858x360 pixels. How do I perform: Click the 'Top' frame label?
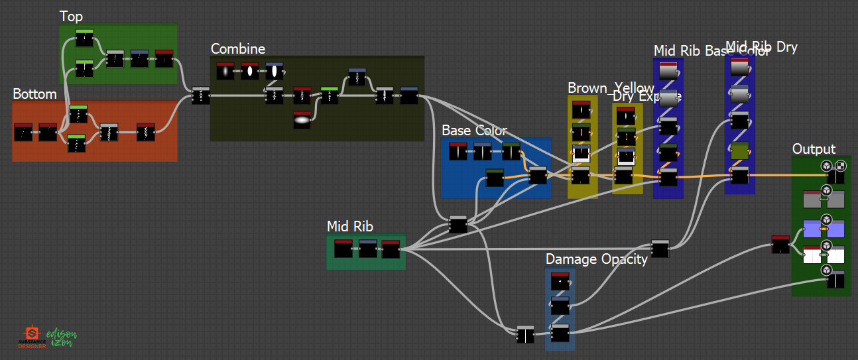[x=71, y=16]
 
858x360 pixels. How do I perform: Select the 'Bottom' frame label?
[x=34, y=94]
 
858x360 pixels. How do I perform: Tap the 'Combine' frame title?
[x=237, y=49]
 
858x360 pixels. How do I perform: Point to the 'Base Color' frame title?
[x=474, y=131]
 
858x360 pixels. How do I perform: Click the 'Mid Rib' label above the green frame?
[x=349, y=227]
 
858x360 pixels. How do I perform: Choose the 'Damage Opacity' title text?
[x=596, y=259]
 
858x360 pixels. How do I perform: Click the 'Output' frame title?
[x=814, y=149]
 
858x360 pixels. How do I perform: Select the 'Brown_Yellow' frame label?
[x=610, y=88]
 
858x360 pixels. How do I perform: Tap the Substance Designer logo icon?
[x=31, y=333]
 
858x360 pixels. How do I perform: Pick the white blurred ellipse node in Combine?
[x=302, y=120]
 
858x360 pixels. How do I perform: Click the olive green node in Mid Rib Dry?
[x=739, y=151]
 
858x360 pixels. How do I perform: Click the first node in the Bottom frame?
[x=23, y=132]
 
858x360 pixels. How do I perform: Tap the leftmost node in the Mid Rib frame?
[x=343, y=249]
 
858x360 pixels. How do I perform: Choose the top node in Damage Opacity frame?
[x=560, y=281]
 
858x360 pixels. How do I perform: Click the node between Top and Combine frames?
[x=200, y=96]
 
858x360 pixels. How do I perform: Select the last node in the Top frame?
[x=164, y=59]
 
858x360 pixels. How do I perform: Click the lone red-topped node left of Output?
[x=780, y=245]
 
